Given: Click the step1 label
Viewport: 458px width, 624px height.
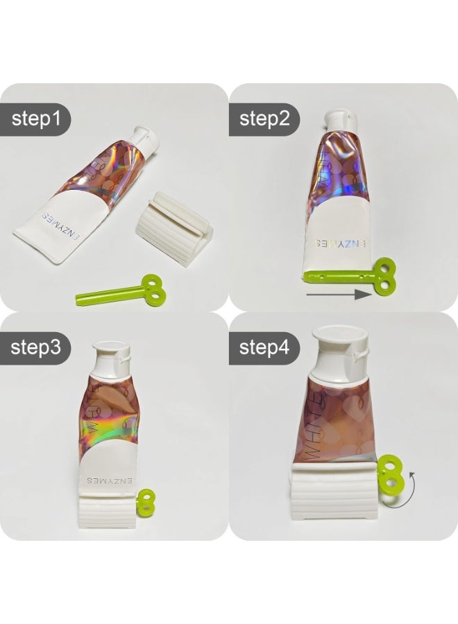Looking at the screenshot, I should coord(40,119).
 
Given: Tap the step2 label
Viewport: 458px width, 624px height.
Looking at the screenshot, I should coord(264,119).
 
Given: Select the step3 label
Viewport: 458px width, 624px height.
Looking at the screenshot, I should coord(40,347).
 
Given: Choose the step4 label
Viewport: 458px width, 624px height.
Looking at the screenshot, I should coord(264,347).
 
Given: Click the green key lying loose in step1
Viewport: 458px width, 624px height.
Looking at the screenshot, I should coord(121,291).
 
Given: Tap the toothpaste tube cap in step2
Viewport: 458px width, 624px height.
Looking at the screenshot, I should coord(339,120).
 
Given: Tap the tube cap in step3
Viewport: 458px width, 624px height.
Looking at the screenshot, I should coord(111,354).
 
